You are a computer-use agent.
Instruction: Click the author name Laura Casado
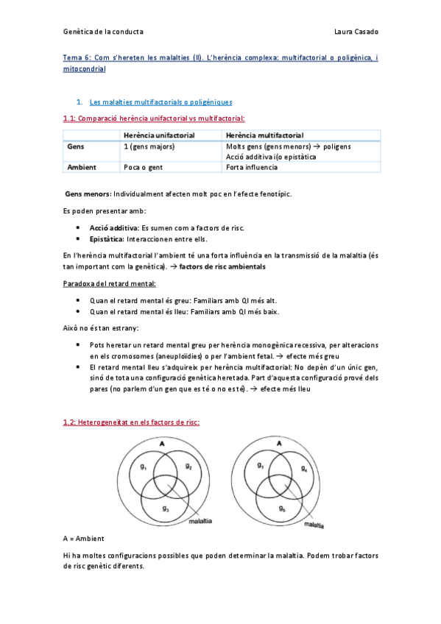point(356,32)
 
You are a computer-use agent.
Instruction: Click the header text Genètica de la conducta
point(103,32)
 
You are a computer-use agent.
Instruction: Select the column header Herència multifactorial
point(265,135)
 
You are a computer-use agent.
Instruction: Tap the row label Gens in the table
point(75,146)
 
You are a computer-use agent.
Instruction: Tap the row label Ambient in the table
point(82,167)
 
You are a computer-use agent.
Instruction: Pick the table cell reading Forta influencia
point(253,167)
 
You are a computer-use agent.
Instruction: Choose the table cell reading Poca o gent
point(143,167)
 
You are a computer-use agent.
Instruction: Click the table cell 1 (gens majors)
point(150,146)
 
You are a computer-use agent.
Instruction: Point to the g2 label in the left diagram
point(188,467)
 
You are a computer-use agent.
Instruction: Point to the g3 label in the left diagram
point(166,508)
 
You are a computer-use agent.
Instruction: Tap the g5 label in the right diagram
point(281,508)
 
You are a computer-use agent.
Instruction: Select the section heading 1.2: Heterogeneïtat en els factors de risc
point(131,422)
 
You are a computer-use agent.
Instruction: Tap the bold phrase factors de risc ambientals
point(223,266)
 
